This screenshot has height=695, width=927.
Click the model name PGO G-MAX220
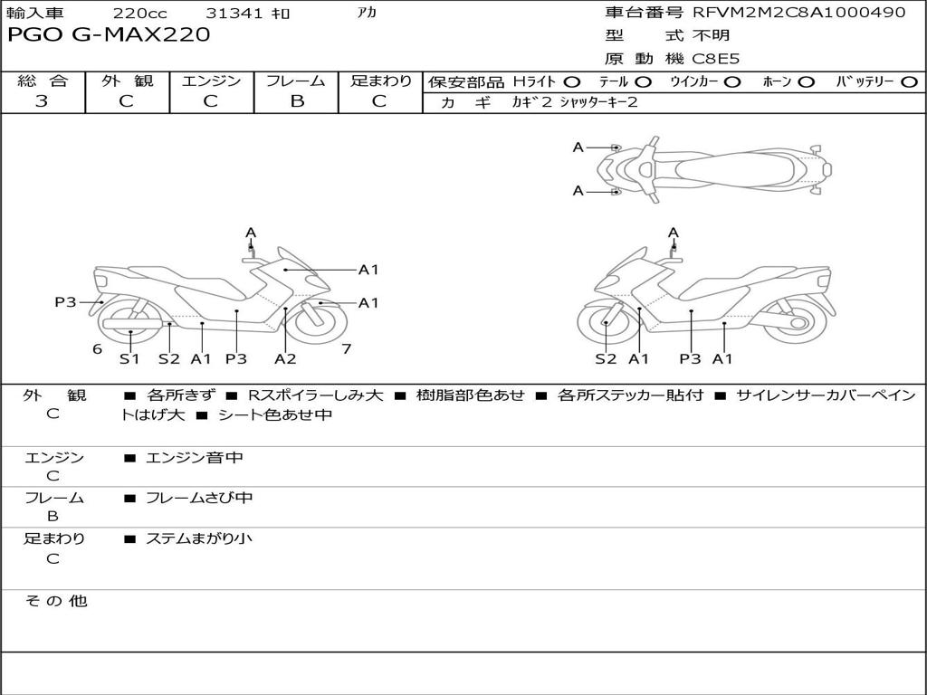coord(109,35)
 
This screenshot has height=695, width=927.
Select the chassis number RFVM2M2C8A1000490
coord(798,13)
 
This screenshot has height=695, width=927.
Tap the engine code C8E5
coord(716,59)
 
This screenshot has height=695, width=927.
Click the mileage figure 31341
coord(234,14)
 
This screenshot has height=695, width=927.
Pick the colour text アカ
coord(367,13)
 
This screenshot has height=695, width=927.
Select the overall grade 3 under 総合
coord(42,101)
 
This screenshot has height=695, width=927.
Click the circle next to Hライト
coord(572,81)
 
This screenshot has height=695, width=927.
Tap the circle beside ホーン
coord(807,81)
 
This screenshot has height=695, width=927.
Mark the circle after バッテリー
coord(909,81)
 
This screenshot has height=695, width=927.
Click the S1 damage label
coord(130,358)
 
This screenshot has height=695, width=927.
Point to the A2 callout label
coord(285,358)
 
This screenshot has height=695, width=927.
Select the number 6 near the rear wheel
coord(97,348)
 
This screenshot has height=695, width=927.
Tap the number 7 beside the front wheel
coord(346,348)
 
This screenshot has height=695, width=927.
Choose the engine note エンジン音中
coord(195,458)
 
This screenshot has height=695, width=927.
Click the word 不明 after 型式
coord(711,36)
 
